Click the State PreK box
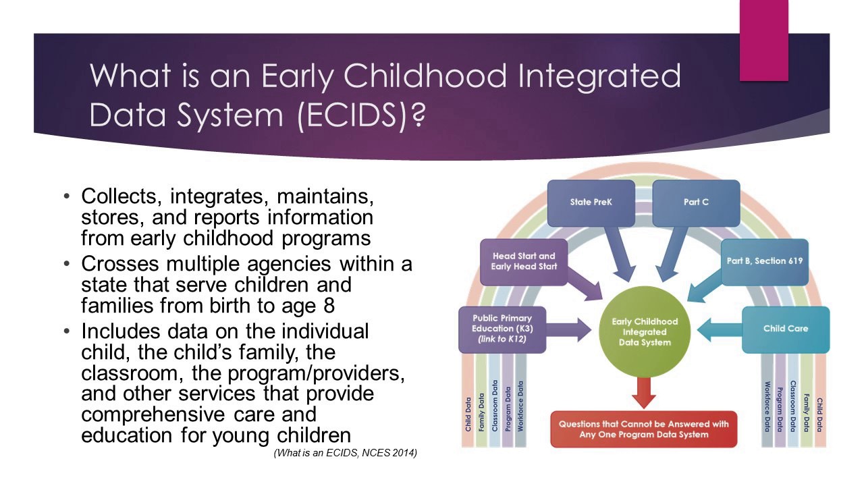[x=591, y=202]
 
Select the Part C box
[x=696, y=202]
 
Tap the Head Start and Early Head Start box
[x=523, y=261]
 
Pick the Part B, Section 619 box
[x=765, y=261]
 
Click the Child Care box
[x=785, y=329]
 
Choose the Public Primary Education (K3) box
[x=502, y=329]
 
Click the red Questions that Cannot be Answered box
[x=643, y=429]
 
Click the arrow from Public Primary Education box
[x=570, y=330]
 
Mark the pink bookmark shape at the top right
[x=763, y=40]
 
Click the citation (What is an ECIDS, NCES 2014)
[x=345, y=454]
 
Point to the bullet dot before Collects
[x=66, y=197]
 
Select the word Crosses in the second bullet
[x=119, y=264]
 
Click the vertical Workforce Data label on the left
[x=520, y=405]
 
